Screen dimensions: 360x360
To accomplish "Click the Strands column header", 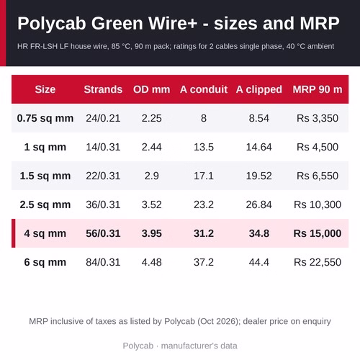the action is [103, 89].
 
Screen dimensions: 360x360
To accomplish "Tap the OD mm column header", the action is [152, 89].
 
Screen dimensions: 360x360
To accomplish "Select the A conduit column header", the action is [204, 89].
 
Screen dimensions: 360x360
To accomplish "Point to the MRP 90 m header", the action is [318, 89].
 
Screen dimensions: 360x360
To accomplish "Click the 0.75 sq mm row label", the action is [45, 118].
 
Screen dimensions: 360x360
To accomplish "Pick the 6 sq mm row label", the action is [45, 262].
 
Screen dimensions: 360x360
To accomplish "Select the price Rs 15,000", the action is [318, 233].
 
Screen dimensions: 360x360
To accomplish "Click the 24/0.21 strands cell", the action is [103, 118].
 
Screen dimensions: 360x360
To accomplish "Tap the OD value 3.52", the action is [152, 204].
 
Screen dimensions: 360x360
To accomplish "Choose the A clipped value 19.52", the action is [258, 176].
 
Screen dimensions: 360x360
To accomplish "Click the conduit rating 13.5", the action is [204, 147].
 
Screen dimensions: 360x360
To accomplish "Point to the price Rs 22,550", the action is [318, 262].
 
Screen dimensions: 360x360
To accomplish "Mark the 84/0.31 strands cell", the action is [103, 262].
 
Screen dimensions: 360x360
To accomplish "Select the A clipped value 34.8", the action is [258, 233].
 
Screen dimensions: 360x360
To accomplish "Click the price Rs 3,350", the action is [318, 118].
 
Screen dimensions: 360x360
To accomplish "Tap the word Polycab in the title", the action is [52, 24].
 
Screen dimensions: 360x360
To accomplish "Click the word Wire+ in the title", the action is [173, 23].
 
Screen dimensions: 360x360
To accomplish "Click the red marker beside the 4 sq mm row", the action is [14, 233].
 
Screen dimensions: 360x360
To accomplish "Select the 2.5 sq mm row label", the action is [45, 204].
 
